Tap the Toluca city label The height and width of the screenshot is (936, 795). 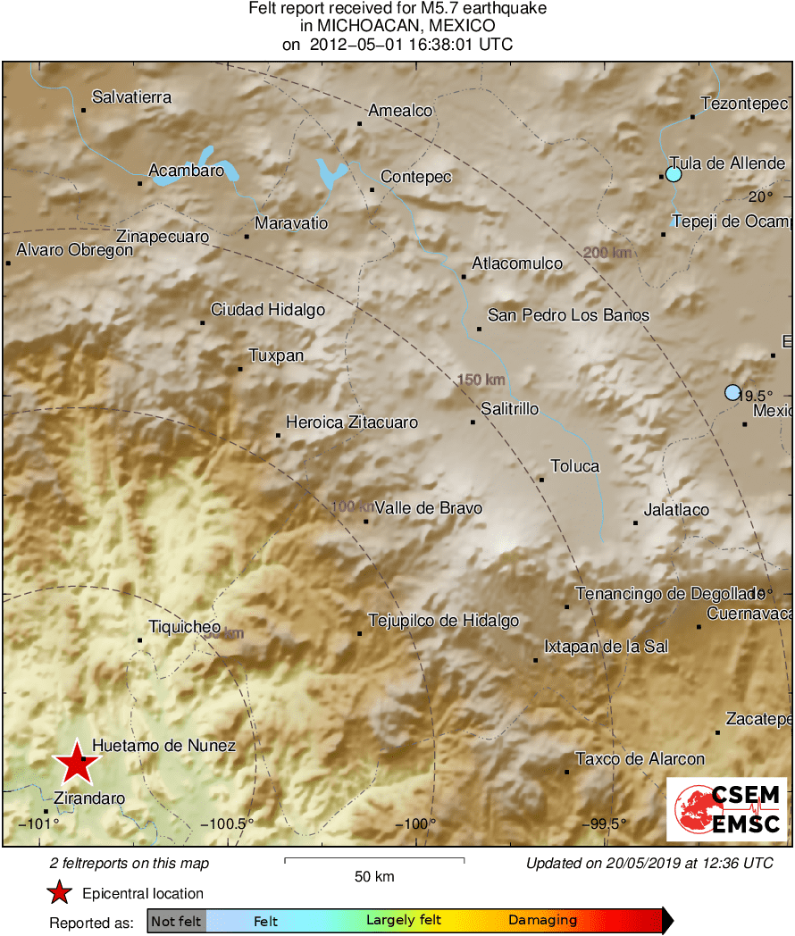point(574,466)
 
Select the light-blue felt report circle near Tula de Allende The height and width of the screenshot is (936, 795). point(674,174)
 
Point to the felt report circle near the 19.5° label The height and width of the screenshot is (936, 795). point(732,392)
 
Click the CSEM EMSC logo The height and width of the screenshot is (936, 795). point(726,809)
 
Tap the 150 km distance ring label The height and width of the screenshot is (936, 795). point(481,380)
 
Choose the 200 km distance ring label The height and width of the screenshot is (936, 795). point(607,253)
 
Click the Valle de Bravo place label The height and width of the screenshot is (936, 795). point(428,508)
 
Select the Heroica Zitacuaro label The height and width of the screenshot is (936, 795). point(351,422)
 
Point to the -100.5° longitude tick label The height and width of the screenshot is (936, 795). point(228,823)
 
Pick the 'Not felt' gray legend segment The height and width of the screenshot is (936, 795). point(176,921)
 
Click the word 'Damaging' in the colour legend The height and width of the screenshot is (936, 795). point(542,920)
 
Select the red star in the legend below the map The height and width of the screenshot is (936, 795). point(59,892)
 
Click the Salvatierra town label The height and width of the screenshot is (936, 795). point(131,97)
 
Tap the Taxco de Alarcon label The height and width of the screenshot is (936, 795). point(640,759)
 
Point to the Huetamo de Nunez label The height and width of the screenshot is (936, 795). point(164,745)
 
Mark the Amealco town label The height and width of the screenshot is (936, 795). point(400,111)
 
